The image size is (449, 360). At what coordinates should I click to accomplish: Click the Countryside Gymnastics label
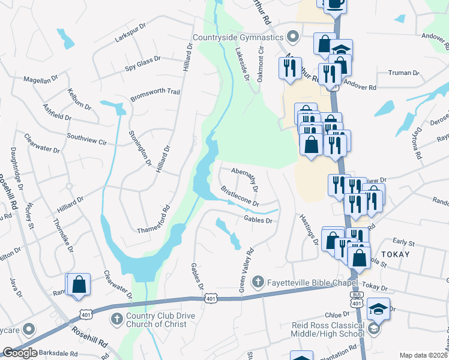coord(238,38)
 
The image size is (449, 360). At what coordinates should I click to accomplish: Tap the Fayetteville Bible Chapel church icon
coord(258,281)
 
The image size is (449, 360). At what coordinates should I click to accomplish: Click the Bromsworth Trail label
coord(155,92)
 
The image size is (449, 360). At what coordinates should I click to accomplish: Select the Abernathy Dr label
coord(245,179)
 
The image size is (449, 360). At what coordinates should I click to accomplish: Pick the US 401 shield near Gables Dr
coord(210,298)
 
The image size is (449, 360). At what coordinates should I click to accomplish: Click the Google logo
coord(20,353)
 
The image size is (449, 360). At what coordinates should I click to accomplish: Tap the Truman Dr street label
coord(403,73)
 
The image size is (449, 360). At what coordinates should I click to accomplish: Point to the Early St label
coord(403,243)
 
